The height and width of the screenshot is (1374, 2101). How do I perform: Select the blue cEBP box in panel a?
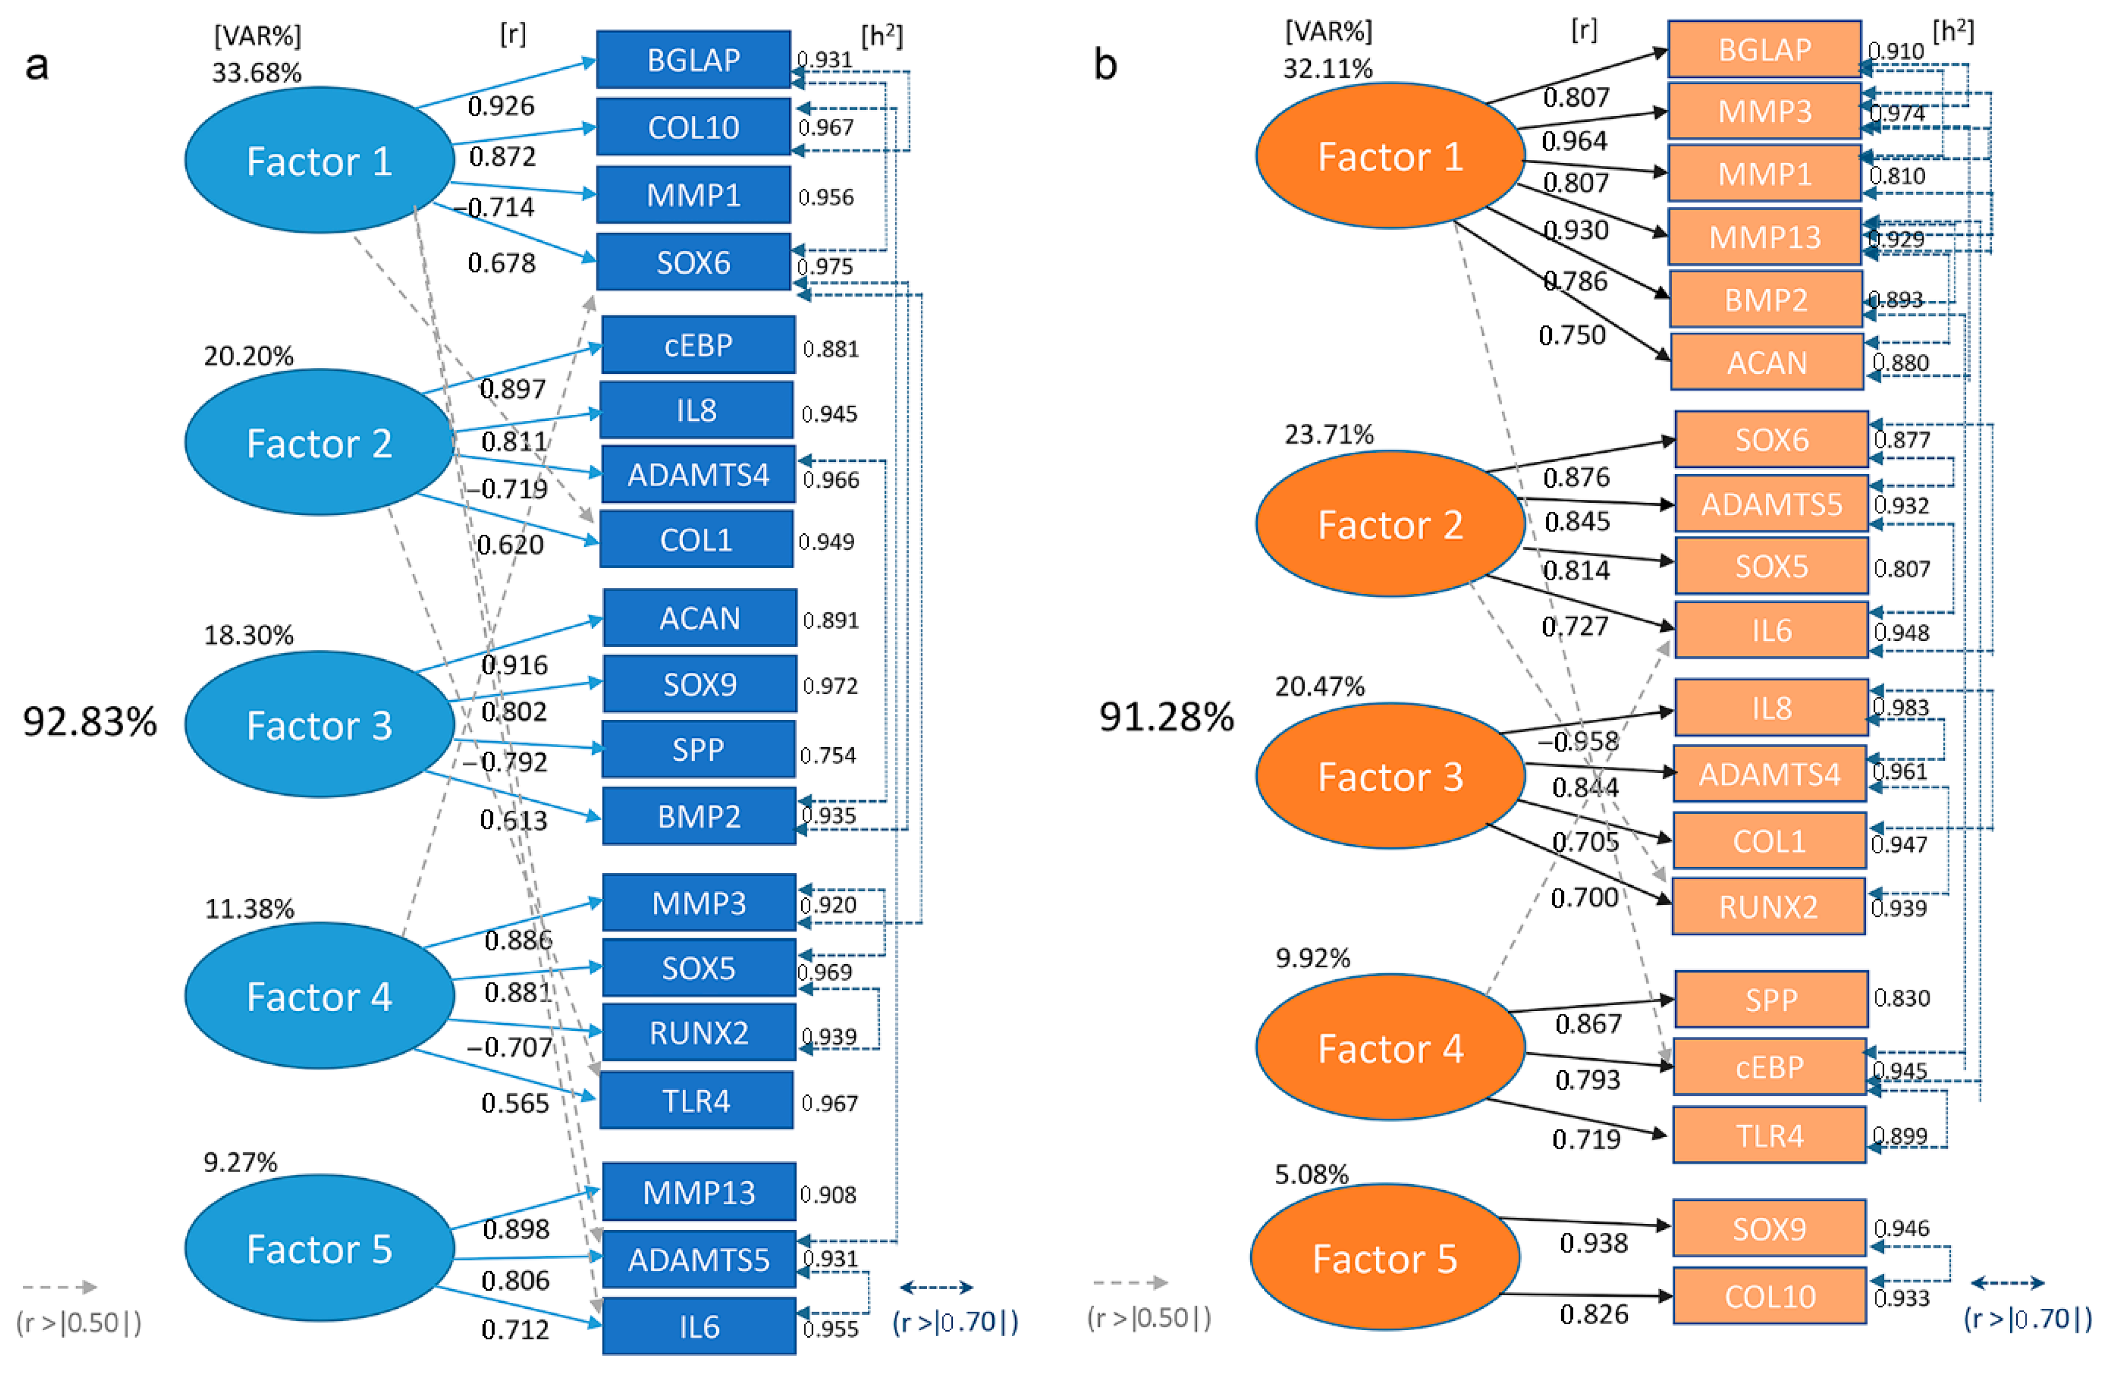[698, 345]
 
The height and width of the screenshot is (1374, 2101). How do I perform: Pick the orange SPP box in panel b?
[1771, 1000]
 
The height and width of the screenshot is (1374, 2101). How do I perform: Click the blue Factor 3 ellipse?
[320, 725]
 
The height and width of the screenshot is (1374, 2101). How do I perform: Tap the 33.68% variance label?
[257, 72]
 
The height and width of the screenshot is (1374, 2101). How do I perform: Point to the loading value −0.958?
[1579, 741]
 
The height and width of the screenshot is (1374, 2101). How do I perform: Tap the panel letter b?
[1105, 65]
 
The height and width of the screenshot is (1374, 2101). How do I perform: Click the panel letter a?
[36, 65]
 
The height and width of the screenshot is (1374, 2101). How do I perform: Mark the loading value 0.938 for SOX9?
[1593, 1243]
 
